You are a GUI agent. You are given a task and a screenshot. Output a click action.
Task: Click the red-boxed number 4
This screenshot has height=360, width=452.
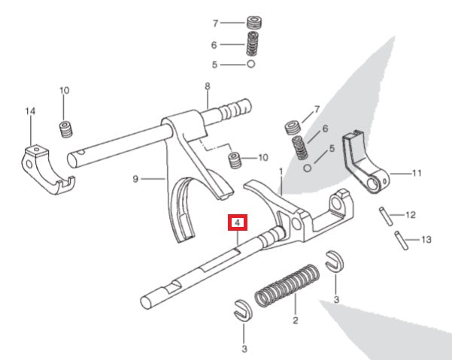pos(237,223)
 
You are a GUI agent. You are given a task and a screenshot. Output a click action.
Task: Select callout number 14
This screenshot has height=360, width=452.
pos(30,112)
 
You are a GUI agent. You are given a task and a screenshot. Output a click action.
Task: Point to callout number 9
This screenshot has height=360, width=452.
pos(136,179)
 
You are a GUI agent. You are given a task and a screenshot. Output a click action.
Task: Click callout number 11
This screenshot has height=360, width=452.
pos(417,173)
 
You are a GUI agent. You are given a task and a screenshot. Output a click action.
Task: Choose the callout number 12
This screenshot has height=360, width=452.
pos(410,215)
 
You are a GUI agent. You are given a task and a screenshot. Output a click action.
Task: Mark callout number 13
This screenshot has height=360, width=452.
pos(427,240)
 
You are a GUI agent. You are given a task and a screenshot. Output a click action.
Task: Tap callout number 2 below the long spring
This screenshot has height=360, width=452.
pos(295,319)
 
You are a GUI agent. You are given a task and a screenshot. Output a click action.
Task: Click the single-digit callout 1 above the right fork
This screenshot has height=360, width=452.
pos(281,172)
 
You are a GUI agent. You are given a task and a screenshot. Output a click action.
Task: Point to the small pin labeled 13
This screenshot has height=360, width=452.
pos(401,241)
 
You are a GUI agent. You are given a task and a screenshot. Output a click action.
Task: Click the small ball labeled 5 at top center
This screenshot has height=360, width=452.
pos(250,65)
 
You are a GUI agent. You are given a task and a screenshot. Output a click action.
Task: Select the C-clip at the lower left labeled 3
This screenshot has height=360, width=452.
pos(242,307)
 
